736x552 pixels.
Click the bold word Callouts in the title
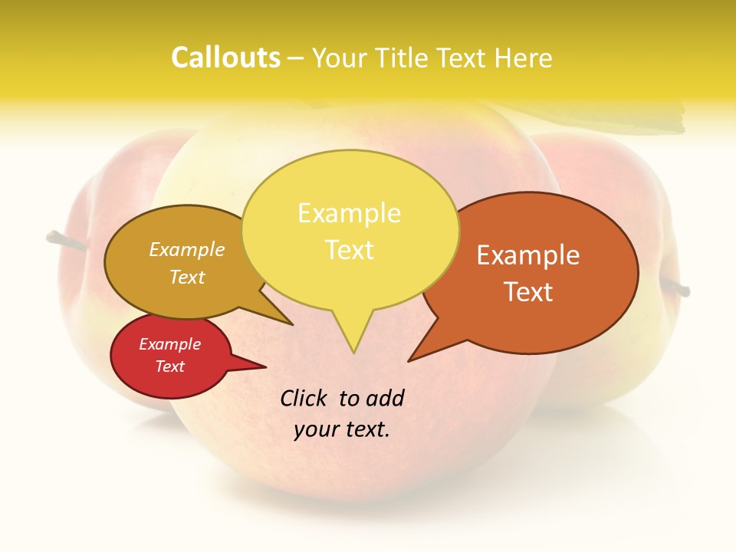click(225, 58)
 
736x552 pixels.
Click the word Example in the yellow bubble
click(349, 213)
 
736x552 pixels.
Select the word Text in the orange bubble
click(527, 292)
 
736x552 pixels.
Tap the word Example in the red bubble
click(169, 344)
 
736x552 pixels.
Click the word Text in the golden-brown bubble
click(187, 277)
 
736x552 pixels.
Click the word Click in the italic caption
click(304, 398)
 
